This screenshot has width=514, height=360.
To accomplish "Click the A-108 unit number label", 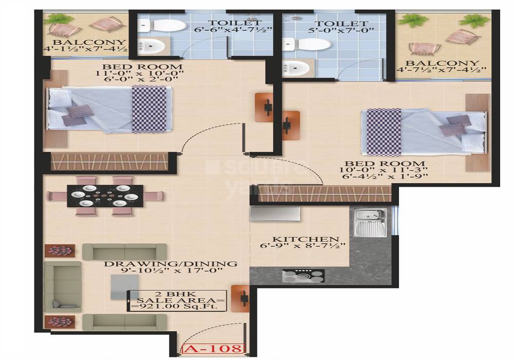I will [x=211, y=350].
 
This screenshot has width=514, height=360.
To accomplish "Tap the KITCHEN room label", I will [x=305, y=239].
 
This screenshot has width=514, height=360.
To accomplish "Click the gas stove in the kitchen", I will [x=303, y=276].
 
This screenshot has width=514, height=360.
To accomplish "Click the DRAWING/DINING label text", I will [x=171, y=264].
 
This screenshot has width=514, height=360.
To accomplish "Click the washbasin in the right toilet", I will [x=296, y=68].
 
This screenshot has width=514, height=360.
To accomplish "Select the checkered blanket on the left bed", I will [x=149, y=109].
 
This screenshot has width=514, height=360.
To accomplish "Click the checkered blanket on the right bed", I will [x=382, y=131].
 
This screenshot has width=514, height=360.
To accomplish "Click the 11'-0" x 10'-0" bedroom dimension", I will [x=142, y=75].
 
